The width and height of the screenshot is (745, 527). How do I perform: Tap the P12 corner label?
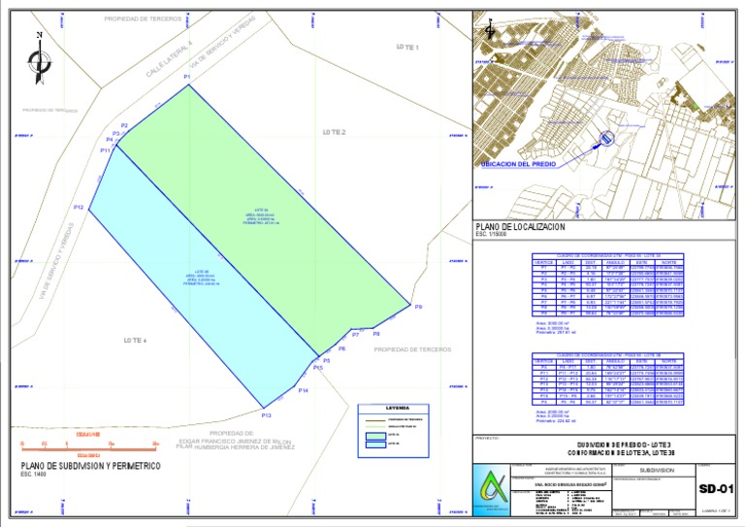point(80,208)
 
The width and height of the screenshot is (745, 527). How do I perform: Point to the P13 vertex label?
point(267,415)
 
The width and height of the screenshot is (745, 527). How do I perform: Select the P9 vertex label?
point(418,307)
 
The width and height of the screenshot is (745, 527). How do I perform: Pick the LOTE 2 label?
point(335,131)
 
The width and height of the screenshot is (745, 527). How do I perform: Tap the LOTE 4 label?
point(135,340)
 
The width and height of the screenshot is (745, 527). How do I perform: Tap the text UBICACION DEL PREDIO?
point(519,165)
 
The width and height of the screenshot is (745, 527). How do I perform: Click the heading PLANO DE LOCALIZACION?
point(521,226)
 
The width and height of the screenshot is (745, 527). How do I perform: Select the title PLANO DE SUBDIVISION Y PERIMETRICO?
point(83,465)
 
